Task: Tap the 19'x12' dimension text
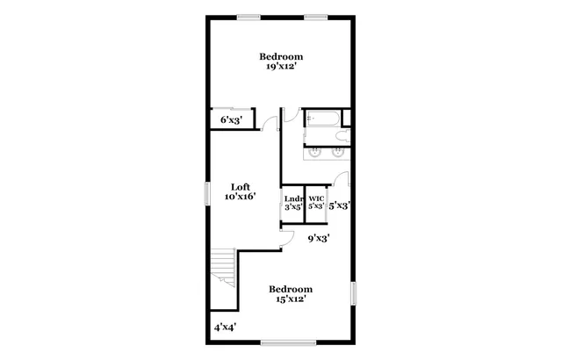click(280, 67)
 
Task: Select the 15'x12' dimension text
click(290, 299)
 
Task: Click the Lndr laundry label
click(293, 198)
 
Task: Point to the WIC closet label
click(316, 198)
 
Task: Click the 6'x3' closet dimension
click(231, 119)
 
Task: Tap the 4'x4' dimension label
click(226, 327)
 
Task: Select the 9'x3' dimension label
click(318, 237)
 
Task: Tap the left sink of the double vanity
click(314, 153)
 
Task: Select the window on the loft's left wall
click(208, 192)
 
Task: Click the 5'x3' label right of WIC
click(340, 205)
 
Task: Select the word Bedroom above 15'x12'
click(290, 289)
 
